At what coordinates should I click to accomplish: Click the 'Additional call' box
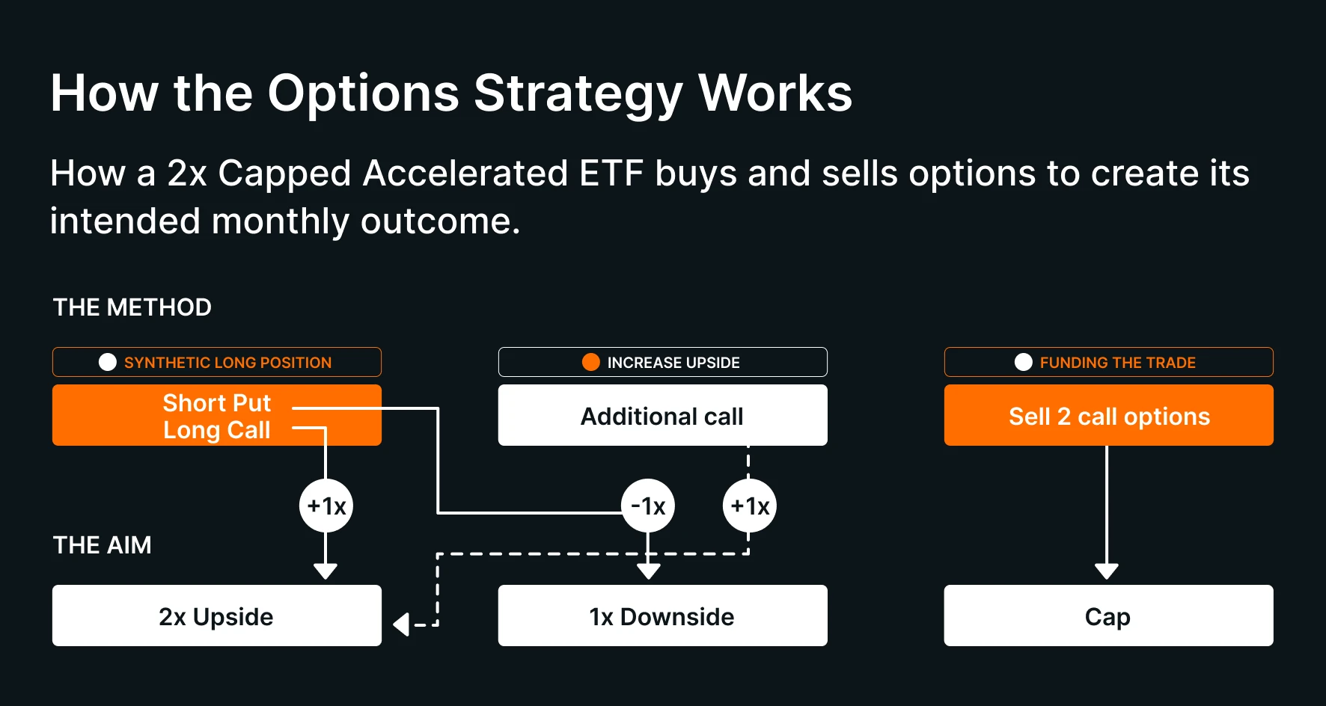coord(662,416)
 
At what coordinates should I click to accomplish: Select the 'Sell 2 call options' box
coord(1108,416)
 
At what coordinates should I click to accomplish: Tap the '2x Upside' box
coord(216,616)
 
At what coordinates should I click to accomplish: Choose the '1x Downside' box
coord(662,616)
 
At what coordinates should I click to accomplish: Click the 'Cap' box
coord(1108,616)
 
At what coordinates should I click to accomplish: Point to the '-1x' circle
coord(648,506)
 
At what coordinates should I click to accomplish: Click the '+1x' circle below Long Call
coord(326,506)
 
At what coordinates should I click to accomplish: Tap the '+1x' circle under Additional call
coord(750,506)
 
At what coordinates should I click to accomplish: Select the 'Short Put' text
coord(216,403)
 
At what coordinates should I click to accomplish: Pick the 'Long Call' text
coord(216,430)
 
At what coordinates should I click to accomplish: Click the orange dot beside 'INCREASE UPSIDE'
coord(591,362)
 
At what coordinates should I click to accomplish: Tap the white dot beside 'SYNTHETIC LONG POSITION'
coord(108,362)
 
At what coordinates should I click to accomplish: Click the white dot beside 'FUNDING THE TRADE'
coord(1024,362)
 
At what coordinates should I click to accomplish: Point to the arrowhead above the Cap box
coord(1107,571)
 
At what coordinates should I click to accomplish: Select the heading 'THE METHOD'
coord(132,307)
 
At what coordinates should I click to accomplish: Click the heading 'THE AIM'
coord(103,545)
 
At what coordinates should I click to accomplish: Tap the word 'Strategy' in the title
coord(578,93)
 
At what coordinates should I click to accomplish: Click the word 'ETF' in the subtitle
coord(611,174)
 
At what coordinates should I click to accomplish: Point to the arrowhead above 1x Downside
coord(648,571)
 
